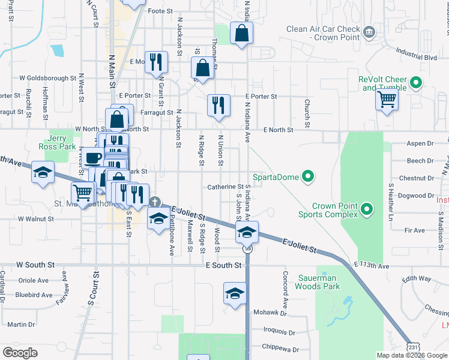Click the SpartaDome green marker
click(308, 176)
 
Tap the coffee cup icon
click(92, 158)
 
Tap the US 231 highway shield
click(412, 347)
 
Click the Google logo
click(20, 353)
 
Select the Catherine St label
click(224, 187)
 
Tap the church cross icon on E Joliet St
click(155, 202)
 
